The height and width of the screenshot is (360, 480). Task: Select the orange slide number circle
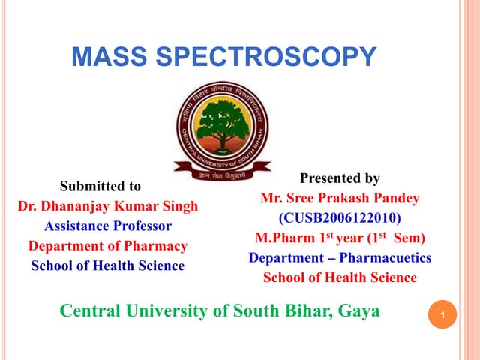(x=443, y=316)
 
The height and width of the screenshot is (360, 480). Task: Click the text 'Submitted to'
(x=100, y=186)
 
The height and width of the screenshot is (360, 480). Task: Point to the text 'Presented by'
(x=340, y=178)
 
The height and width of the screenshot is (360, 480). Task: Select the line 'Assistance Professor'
(x=108, y=226)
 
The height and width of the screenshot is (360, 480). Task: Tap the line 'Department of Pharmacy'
(x=108, y=246)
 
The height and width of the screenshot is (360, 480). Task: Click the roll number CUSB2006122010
(x=340, y=218)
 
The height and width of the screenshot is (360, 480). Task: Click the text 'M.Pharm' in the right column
(x=283, y=238)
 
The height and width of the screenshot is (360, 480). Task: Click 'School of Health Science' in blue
(x=108, y=265)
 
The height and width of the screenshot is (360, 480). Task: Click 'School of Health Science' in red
(x=340, y=277)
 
